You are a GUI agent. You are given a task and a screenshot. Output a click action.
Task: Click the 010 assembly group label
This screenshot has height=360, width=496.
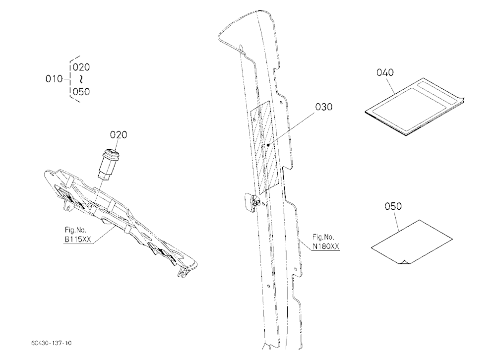(54, 78)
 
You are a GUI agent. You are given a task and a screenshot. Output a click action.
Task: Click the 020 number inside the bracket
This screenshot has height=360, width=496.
(81, 67)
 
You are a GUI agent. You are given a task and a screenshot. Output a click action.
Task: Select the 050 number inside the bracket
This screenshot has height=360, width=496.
(81, 92)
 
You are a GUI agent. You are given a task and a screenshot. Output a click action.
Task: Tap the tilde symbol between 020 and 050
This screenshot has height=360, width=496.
(81, 79)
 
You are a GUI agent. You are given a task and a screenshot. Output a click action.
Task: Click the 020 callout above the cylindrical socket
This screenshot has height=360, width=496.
(119, 135)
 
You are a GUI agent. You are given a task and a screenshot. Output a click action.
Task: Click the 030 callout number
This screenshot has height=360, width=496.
(323, 107)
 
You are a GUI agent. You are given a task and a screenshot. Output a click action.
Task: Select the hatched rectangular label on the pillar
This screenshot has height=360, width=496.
(264, 148)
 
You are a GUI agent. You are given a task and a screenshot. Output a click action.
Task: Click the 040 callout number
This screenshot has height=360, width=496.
(385, 72)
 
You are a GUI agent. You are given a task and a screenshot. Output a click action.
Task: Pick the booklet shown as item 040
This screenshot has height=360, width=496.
(414, 107)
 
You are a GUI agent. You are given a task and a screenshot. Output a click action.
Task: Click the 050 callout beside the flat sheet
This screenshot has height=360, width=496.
(393, 206)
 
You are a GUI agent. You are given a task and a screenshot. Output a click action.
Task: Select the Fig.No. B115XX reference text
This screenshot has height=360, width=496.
(78, 235)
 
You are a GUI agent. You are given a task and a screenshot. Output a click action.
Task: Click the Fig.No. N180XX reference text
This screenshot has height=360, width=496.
(326, 241)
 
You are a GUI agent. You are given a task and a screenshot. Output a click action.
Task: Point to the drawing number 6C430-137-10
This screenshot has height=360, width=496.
(51, 343)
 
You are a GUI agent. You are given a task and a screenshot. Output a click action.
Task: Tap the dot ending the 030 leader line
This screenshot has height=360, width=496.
(268, 145)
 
